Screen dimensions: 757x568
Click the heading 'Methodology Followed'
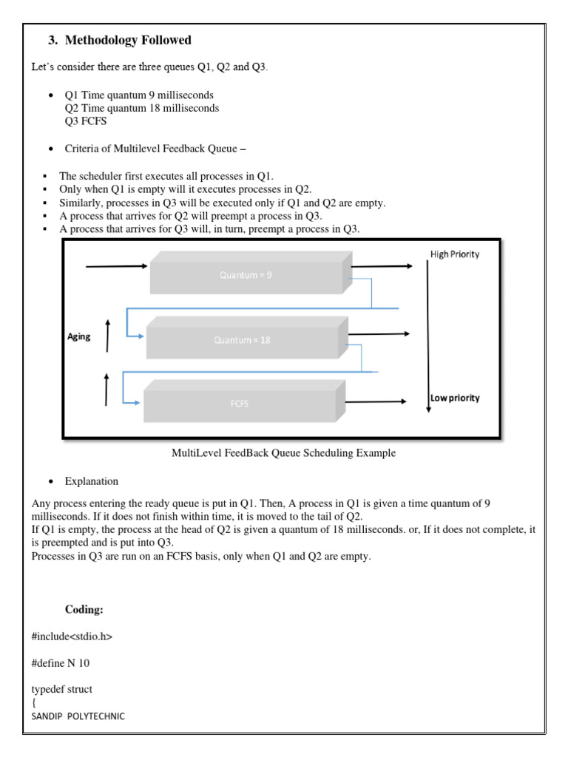pyautogui.click(x=129, y=40)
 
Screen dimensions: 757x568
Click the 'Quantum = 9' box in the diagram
pyautogui.click(x=247, y=274)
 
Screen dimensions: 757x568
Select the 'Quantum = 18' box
pyautogui.click(x=243, y=341)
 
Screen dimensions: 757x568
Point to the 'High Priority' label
pyautogui.click(x=454, y=254)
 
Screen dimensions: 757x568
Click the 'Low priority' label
pyautogui.click(x=455, y=398)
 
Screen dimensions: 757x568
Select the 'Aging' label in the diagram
pyautogui.click(x=79, y=336)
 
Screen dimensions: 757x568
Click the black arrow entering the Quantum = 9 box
pyautogui.click(x=117, y=266)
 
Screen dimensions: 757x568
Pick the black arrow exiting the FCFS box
pyautogui.click(x=376, y=401)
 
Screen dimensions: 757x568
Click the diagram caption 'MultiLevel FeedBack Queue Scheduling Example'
pyautogui.click(x=283, y=453)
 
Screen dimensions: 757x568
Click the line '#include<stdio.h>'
pyautogui.click(x=72, y=636)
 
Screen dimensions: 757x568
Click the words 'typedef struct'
pyautogui.click(x=62, y=689)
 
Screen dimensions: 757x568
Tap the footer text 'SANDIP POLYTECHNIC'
pyautogui.click(x=78, y=716)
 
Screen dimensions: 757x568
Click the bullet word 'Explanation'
pyautogui.click(x=91, y=481)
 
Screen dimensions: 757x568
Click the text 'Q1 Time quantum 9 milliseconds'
pyautogui.click(x=139, y=95)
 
